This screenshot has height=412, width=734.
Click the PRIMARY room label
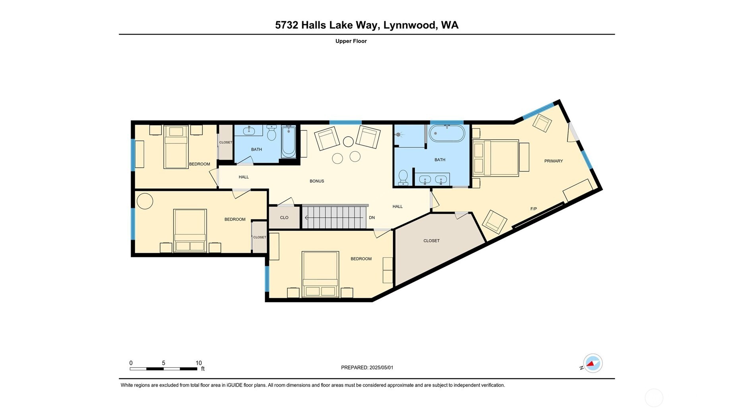[553, 161]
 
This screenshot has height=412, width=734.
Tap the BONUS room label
[317, 181]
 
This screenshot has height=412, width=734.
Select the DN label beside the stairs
[372, 218]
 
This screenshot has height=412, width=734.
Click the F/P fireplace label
[533, 209]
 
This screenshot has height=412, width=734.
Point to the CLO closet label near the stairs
[284, 218]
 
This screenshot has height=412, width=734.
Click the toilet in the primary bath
[403, 177]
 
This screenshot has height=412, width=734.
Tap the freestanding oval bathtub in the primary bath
[447, 133]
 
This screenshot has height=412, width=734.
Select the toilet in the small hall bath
[271, 133]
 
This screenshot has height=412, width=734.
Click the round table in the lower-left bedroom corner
[145, 201]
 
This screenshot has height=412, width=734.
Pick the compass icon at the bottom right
[593, 363]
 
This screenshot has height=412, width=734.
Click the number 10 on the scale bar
[199, 363]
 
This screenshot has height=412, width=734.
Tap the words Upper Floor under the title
[351, 41]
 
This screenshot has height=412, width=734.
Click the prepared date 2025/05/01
[381, 368]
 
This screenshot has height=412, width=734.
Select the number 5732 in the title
[286, 25]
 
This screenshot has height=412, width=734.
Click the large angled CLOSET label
[431, 241]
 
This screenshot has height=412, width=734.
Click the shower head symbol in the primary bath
[398, 135]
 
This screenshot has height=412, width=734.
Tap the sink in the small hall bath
[249, 131]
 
